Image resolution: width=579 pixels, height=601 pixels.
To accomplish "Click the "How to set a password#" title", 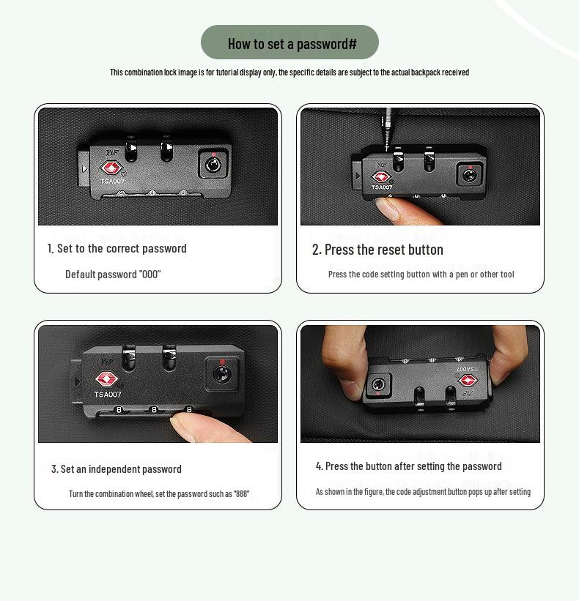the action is click(292, 44).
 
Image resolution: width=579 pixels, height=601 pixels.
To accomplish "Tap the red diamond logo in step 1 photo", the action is click(111, 168).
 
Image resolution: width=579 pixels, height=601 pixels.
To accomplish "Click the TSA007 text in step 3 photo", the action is click(108, 395).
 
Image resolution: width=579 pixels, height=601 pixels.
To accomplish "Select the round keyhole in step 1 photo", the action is click(213, 165).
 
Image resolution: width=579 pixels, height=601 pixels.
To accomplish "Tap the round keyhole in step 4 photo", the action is click(378, 384).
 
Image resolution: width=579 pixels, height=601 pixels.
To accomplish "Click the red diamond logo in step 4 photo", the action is click(468, 381).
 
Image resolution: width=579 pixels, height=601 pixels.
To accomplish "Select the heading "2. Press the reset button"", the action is click(377, 250).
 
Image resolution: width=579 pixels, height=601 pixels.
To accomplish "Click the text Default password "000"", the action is click(113, 275).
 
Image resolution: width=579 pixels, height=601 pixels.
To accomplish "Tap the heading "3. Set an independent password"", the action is click(117, 469).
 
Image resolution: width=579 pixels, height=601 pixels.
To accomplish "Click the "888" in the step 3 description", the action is click(241, 493).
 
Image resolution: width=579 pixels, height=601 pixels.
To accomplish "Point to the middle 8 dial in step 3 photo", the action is click(154, 410).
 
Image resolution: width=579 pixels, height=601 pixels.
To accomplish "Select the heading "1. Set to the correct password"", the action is click(117, 248).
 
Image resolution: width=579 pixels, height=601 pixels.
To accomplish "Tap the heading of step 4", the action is click(409, 466).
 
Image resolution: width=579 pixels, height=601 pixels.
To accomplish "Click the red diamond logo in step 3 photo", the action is click(106, 378).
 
